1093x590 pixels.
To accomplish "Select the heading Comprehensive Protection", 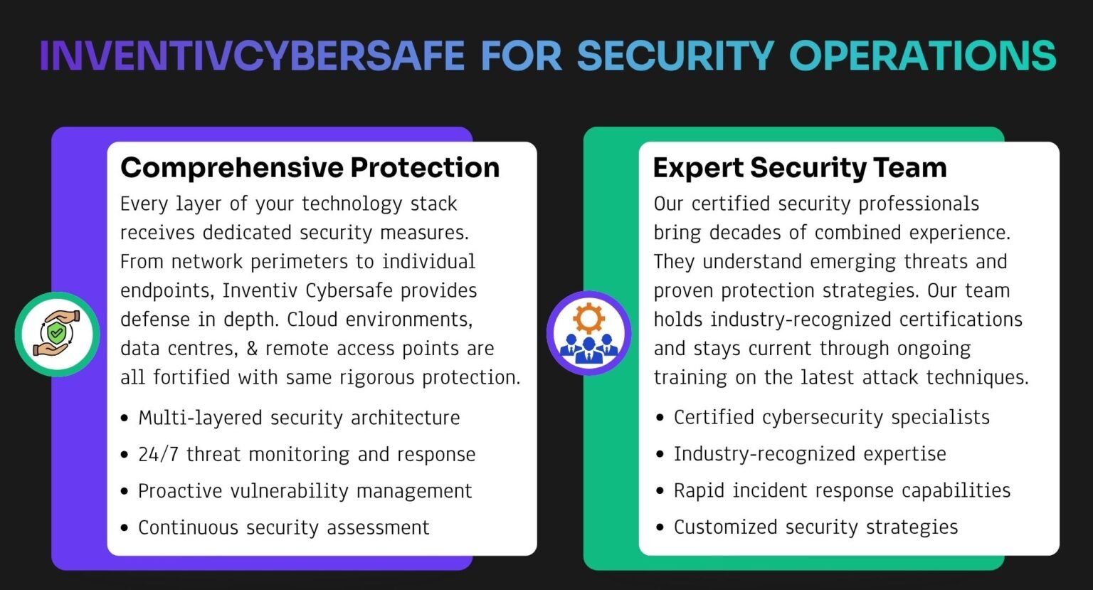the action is pyautogui.click(x=310, y=168).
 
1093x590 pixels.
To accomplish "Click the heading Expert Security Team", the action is pyautogui.click(x=800, y=168).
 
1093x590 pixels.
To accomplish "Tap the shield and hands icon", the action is pyautogui.click(x=57, y=334).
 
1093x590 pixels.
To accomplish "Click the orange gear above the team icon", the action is pyautogui.click(x=589, y=319).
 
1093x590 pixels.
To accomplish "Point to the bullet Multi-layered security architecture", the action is pyautogui.click(x=299, y=418).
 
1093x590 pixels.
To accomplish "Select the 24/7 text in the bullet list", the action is pyautogui.click(x=158, y=454).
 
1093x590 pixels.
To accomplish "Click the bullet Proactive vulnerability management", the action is pyautogui.click(x=305, y=491).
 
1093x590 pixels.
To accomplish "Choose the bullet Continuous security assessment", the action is pyautogui.click(x=283, y=527).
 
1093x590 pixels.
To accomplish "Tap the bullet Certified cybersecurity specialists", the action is pyautogui.click(x=831, y=417).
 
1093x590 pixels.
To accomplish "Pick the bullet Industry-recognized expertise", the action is pyautogui.click(x=810, y=454).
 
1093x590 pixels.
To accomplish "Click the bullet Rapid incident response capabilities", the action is pyautogui.click(x=842, y=490).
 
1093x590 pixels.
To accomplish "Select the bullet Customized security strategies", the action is pyautogui.click(x=816, y=527).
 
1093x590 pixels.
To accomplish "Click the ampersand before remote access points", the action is pyautogui.click(x=252, y=349).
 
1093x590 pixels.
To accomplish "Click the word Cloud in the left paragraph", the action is pyautogui.click(x=312, y=320).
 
